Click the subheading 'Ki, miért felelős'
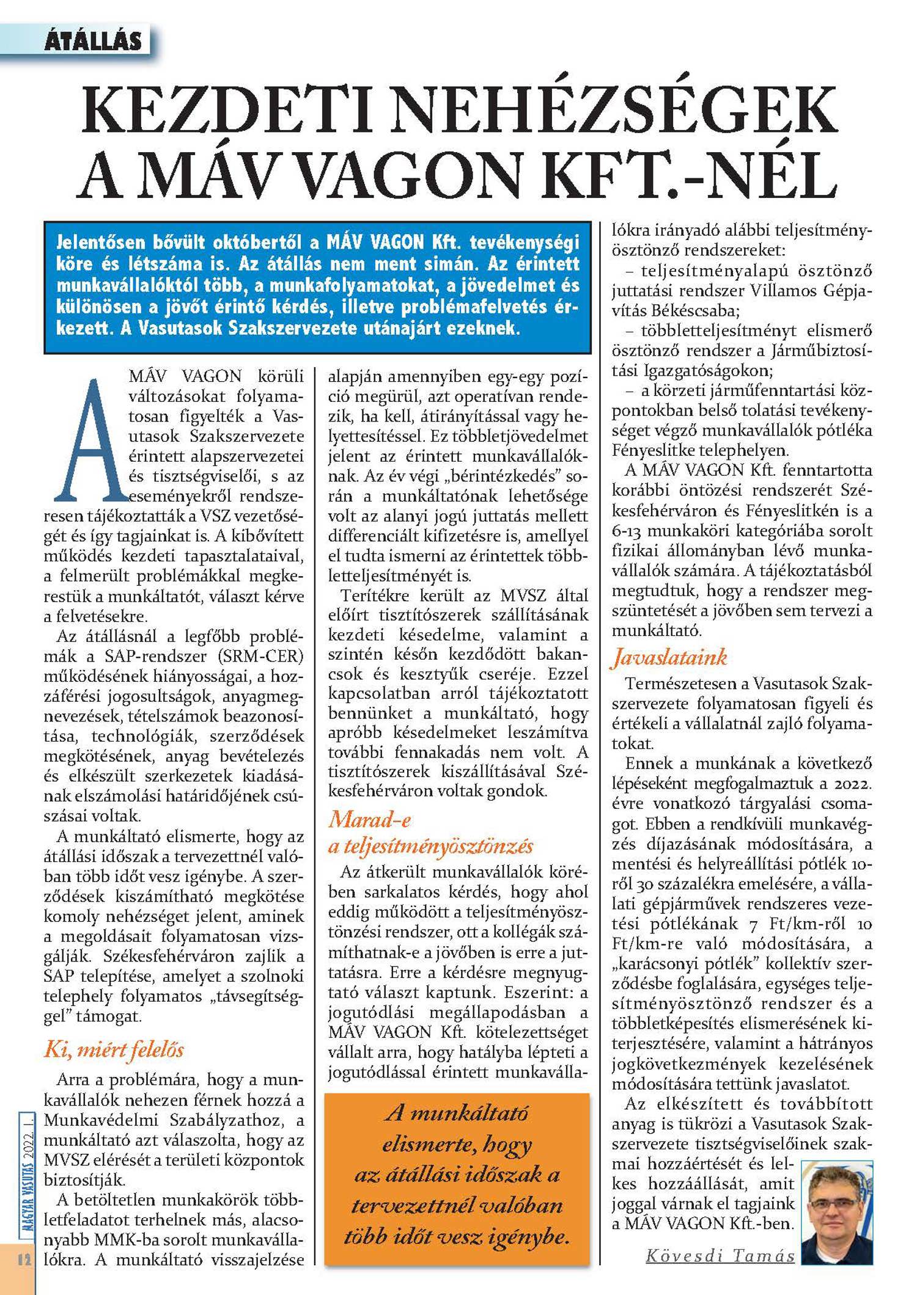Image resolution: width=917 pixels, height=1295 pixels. [114, 1049]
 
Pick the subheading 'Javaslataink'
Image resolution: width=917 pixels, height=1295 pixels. [669, 657]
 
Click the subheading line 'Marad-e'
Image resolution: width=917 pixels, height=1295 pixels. [369, 819]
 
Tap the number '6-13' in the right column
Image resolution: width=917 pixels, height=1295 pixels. [625, 531]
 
